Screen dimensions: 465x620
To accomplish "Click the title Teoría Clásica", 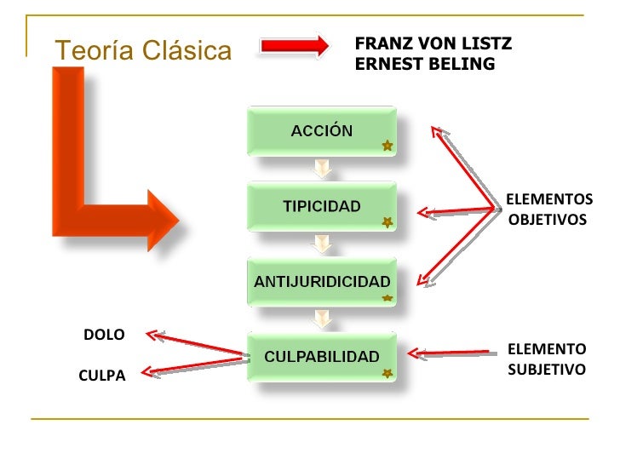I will click(x=143, y=51).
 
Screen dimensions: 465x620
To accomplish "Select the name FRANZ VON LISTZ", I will click(x=433, y=43).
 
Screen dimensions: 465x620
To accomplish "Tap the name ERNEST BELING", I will click(x=424, y=64).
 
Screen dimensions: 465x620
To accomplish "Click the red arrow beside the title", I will click(x=294, y=46).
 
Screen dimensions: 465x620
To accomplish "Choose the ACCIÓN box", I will click(x=321, y=131).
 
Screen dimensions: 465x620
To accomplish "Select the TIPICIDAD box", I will click(x=321, y=206).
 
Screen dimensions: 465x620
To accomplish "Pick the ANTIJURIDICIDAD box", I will click(x=321, y=281).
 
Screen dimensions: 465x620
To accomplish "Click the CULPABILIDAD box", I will click(x=321, y=356).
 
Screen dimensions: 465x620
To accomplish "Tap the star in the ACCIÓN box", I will click(x=387, y=146).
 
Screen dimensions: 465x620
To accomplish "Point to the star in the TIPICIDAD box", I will click(x=387, y=222).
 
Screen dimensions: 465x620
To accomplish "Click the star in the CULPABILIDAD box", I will click(x=387, y=373).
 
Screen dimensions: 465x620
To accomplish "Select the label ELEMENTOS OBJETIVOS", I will click(x=548, y=210).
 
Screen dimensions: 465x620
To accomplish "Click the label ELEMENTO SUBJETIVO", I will click(x=547, y=359).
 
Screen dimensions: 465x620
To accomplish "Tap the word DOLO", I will click(x=104, y=335).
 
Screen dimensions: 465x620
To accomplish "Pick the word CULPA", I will click(x=102, y=376).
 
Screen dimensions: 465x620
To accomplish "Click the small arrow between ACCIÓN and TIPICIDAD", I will click(x=321, y=168).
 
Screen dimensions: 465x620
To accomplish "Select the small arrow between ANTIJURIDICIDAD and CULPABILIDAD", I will click(x=321, y=319).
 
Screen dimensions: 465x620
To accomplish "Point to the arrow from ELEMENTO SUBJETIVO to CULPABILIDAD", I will click(x=452, y=353).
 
